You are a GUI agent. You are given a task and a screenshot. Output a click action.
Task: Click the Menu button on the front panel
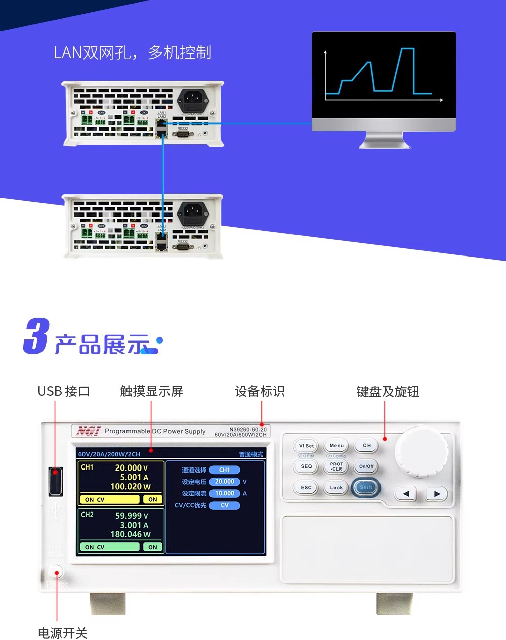click(x=336, y=446)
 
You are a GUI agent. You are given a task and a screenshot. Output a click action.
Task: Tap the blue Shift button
click(x=366, y=487)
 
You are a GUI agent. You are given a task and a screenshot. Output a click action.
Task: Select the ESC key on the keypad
click(x=306, y=488)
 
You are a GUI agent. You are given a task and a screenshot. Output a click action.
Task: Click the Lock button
click(x=336, y=488)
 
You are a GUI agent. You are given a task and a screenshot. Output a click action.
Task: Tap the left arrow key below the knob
click(x=406, y=493)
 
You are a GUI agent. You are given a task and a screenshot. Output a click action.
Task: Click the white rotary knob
click(x=421, y=450)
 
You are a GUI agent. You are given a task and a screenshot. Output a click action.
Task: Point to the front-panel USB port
click(x=55, y=481)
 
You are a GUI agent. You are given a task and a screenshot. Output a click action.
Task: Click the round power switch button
click(x=57, y=573)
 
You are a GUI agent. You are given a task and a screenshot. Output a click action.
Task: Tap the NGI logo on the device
click(x=88, y=431)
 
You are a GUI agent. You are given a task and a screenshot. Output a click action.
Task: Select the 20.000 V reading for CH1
click(x=131, y=468)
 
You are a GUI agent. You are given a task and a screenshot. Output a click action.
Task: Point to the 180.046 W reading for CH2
click(x=130, y=534)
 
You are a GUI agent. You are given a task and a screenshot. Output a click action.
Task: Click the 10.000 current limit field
click(x=225, y=493)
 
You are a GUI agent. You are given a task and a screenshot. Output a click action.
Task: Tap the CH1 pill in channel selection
click(x=225, y=470)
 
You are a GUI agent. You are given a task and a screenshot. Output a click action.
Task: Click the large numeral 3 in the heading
click(x=36, y=336)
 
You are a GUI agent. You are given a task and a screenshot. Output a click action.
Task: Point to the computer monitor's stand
click(x=385, y=140)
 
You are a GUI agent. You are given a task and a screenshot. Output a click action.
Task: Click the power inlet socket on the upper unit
click(x=192, y=100)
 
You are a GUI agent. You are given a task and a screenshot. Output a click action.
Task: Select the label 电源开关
click(x=63, y=633)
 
